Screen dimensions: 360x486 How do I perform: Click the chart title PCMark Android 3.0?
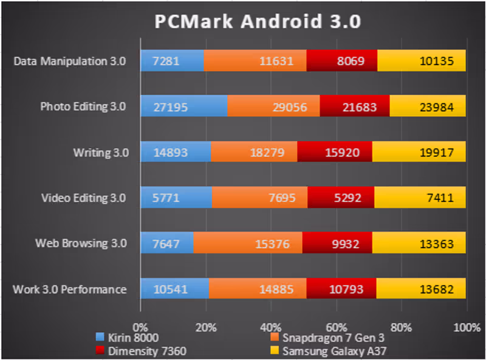(x=258, y=22)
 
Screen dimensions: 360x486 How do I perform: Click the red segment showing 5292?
(x=341, y=198)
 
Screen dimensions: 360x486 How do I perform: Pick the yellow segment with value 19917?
(x=419, y=152)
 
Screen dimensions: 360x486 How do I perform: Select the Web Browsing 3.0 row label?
(x=81, y=243)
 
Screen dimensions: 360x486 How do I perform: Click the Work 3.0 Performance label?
(x=69, y=289)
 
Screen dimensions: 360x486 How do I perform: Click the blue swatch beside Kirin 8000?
(x=101, y=337)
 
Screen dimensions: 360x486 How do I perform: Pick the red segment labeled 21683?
(x=354, y=106)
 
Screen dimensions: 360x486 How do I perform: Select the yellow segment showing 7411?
(x=420, y=198)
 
